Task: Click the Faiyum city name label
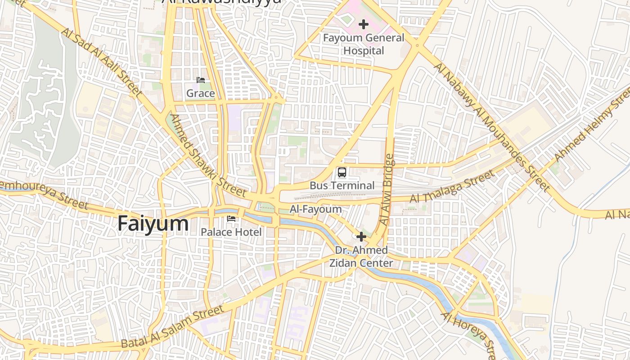click(153, 224)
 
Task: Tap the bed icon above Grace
click(201, 81)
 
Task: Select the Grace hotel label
click(200, 93)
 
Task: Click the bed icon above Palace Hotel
click(231, 219)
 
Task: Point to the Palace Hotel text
click(231, 232)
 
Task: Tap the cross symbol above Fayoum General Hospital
click(364, 24)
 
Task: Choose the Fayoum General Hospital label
click(364, 44)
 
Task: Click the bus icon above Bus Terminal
click(342, 172)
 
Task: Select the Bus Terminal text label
click(342, 185)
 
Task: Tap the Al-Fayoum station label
click(315, 209)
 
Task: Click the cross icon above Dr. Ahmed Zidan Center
click(361, 237)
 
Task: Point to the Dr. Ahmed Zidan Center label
click(361, 256)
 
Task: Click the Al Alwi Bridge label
click(386, 190)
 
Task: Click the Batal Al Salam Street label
click(172, 327)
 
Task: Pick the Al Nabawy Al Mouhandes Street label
click(492, 127)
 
